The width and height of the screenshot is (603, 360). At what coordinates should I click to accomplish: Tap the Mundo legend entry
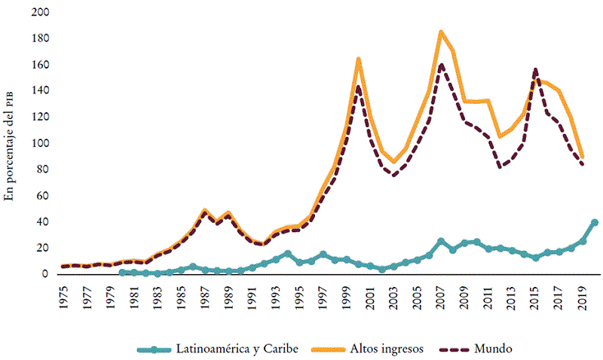(494, 349)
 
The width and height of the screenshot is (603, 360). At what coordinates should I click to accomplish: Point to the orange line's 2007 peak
(441, 32)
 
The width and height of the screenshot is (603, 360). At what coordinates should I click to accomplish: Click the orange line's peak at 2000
(359, 59)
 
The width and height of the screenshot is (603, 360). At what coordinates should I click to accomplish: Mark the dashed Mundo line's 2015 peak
(535, 69)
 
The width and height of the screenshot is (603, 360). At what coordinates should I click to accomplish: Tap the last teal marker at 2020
(595, 223)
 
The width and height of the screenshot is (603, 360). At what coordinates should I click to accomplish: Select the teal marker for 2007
(441, 242)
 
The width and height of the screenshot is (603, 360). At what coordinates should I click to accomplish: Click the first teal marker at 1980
(123, 273)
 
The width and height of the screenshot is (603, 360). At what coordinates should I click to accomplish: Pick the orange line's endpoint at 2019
(583, 157)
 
